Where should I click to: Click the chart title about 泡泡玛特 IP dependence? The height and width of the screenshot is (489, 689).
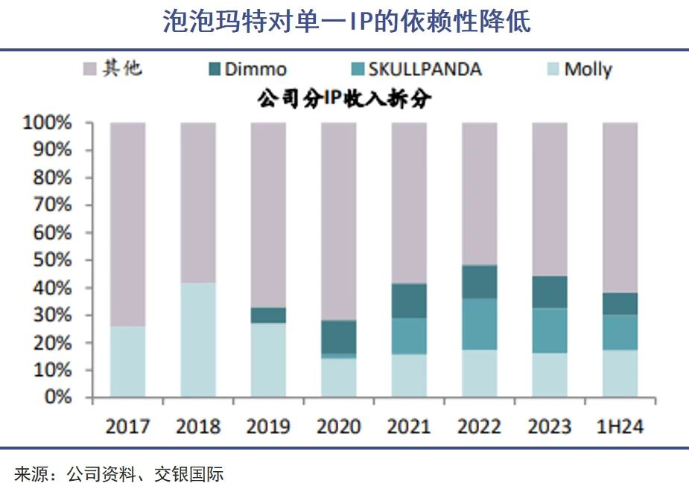[346, 22]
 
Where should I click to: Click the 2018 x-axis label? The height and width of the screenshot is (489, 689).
[197, 426]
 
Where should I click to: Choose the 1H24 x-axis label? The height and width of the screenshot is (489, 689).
[620, 426]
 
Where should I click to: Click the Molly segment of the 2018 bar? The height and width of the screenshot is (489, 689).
[197, 340]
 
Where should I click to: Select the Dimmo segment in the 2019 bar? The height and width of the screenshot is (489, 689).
[268, 315]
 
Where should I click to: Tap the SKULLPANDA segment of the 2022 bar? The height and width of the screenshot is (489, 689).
[479, 324]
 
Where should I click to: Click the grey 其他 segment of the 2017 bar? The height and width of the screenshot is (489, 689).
[127, 223]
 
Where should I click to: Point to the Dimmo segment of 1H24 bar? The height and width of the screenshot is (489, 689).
[620, 303]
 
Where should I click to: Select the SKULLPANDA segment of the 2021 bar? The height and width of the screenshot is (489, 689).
[409, 336]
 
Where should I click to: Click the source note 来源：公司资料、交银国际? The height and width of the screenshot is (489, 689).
[119, 473]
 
